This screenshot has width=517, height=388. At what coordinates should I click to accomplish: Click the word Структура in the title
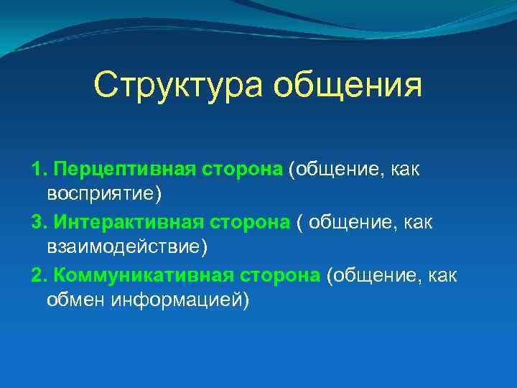[x=177, y=86]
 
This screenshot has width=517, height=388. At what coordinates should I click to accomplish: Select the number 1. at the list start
[x=39, y=170]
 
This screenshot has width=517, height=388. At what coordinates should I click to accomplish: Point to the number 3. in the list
[x=39, y=223]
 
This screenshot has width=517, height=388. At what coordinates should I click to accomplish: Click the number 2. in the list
[x=39, y=276]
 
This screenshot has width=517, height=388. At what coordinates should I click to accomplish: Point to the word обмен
[x=75, y=300]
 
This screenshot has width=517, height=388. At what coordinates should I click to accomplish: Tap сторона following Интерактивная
[x=248, y=223]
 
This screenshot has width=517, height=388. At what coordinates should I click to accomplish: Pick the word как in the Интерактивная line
[x=417, y=223]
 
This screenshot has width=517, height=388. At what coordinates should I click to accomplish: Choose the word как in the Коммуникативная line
[x=440, y=276]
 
